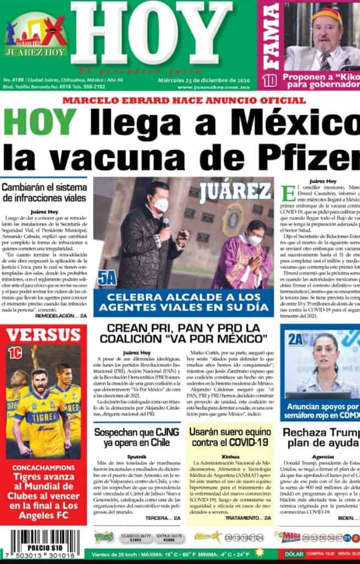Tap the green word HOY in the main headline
tap(39, 122)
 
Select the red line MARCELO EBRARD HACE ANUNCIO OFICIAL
tap(183, 100)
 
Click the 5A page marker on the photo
tap(107, 278)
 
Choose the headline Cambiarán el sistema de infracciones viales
tap(43, 192)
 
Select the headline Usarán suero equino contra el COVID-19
tap(228, 438)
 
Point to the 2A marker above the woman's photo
tap(296, 339)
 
